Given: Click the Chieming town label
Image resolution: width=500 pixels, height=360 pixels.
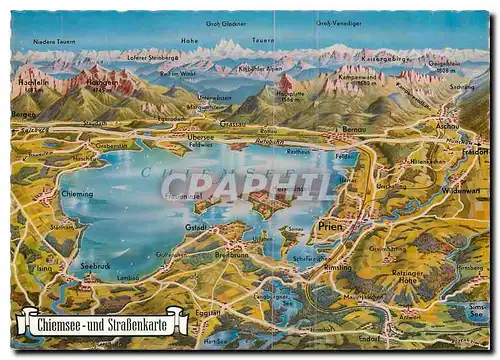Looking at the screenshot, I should [76, 194].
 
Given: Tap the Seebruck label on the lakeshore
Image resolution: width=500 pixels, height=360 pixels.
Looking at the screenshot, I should [97, 266].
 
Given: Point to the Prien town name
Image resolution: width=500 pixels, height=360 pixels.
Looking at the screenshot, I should [329, 226].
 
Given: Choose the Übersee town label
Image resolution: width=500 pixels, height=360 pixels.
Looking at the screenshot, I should [202, 137].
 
